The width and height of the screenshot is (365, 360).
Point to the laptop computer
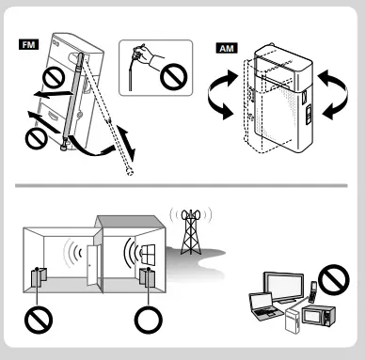click(x=263, y=305)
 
